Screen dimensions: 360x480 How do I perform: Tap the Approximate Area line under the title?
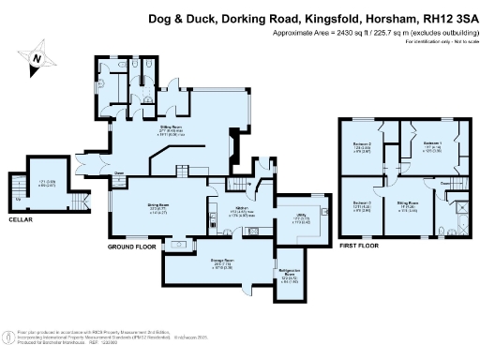click(370, 32)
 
